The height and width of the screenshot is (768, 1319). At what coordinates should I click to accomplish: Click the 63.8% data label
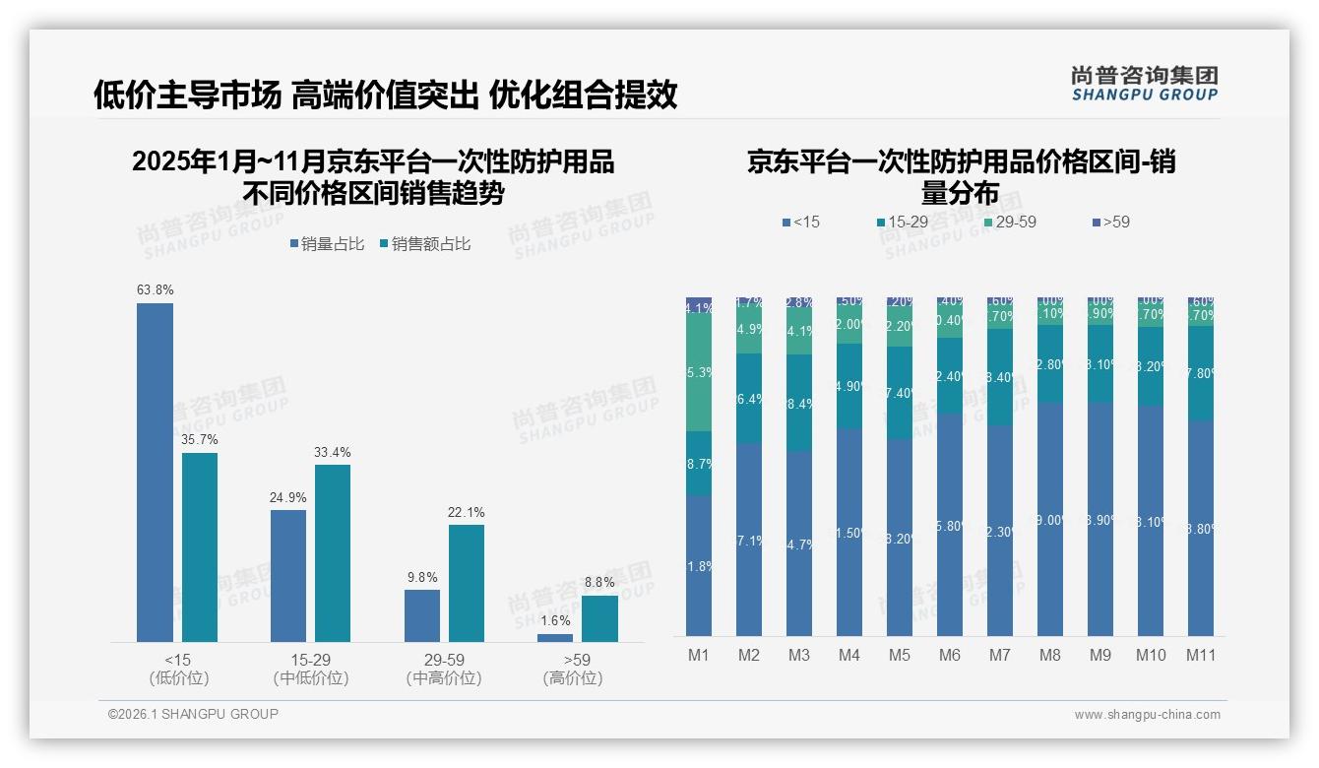155,290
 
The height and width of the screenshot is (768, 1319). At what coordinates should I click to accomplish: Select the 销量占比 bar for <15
155,473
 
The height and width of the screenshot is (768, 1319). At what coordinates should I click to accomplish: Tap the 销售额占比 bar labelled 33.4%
333,553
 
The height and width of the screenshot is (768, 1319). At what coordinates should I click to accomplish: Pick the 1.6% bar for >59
555,638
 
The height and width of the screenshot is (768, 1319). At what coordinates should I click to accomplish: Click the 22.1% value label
467,513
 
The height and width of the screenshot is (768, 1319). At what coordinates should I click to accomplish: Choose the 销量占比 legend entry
326,244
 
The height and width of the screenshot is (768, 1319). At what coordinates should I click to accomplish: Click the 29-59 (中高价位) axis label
444,669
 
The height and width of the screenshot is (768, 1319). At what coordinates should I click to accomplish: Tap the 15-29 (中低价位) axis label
310,669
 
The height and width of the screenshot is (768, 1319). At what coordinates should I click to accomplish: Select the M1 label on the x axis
699,656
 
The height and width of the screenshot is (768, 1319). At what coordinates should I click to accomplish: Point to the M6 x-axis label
950,656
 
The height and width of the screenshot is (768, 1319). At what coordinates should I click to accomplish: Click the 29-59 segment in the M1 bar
699,372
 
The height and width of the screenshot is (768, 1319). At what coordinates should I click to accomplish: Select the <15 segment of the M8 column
1050,519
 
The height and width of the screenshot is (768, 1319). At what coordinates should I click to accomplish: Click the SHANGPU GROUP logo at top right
1144,84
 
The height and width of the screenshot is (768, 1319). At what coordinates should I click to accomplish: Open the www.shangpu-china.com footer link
1147,715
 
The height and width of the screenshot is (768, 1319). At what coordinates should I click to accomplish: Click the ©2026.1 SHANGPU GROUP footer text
193,714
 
